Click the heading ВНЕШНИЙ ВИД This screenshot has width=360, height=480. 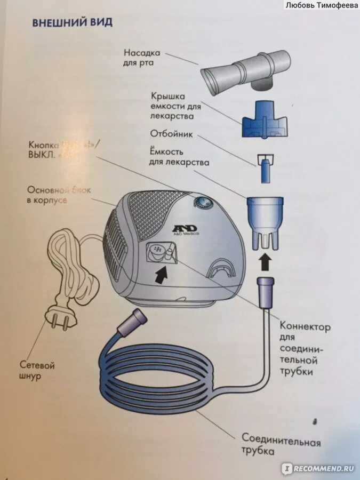(72, 23)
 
